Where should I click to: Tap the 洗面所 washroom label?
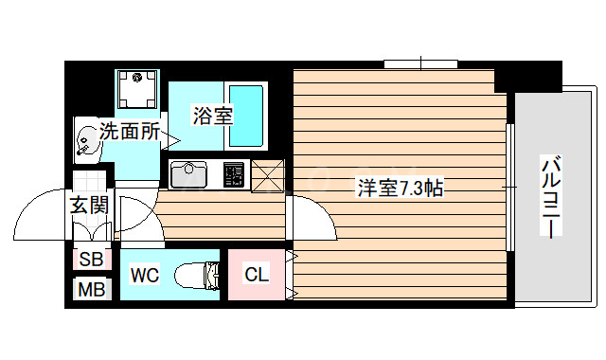[131, 133]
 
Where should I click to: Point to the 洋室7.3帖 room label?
[399, 188]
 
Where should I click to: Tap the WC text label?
[144, 276]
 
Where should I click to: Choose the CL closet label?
[256, 276]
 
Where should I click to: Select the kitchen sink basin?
[188, 175]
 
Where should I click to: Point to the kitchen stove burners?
[233, 175]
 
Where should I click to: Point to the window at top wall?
[421, 64]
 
